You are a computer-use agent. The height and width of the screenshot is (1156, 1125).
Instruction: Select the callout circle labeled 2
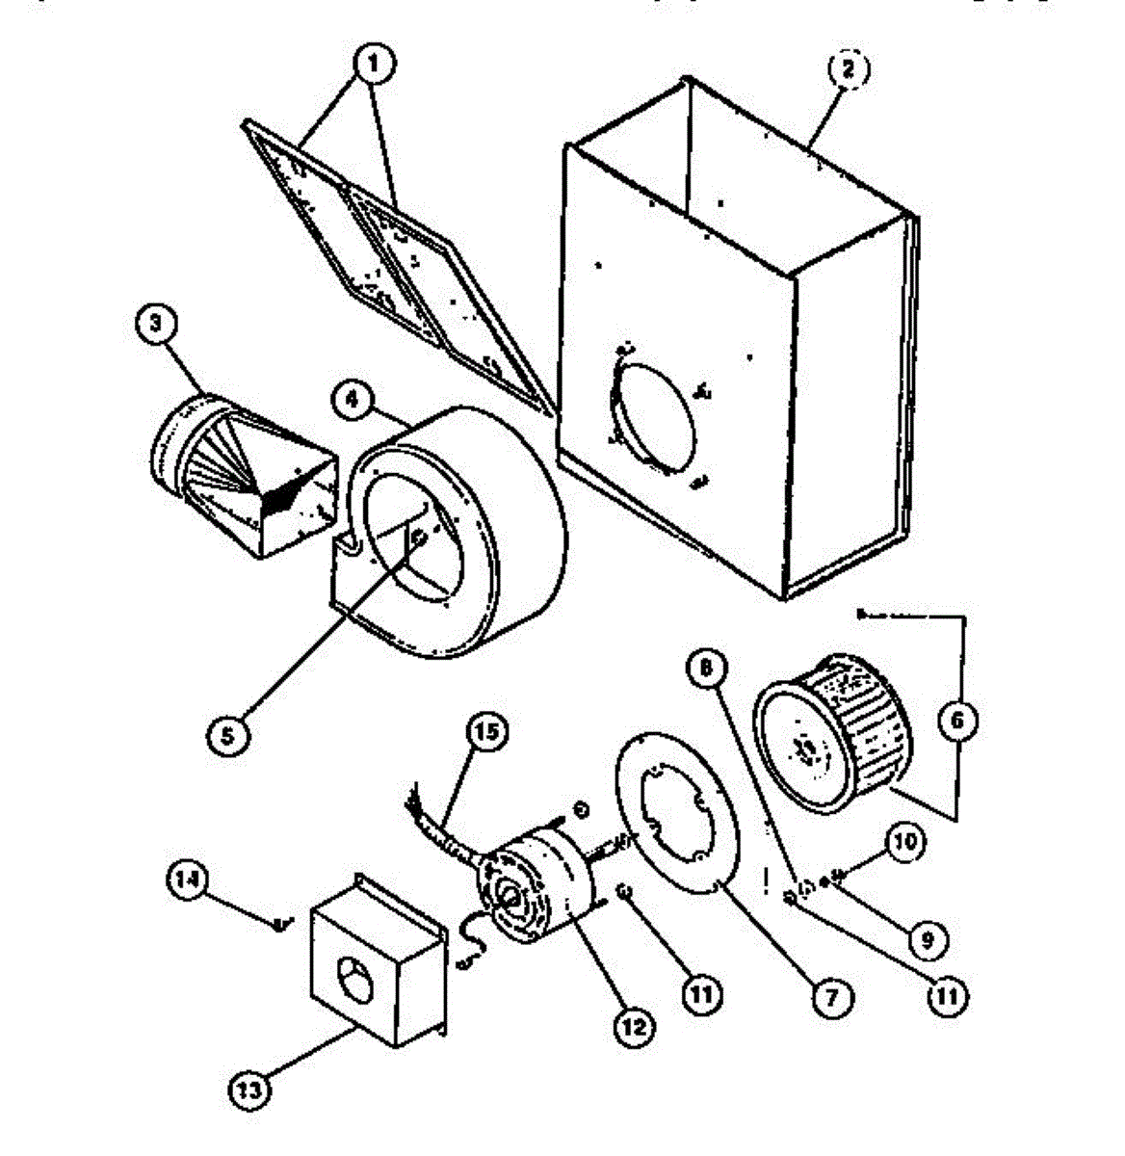click(x=848, y=68)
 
